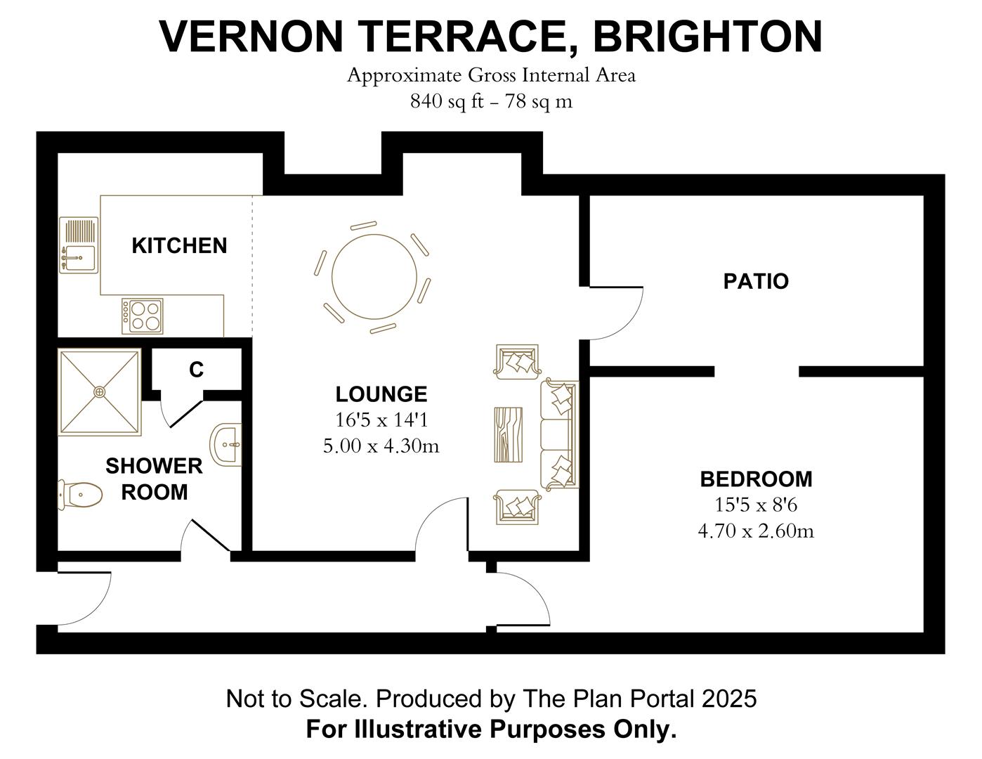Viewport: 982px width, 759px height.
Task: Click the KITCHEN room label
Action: pos(179,246)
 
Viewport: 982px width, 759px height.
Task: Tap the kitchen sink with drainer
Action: pos(79,245)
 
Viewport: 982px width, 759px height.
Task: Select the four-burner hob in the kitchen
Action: pos(143,316)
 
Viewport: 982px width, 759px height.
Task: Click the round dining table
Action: pos(373,278)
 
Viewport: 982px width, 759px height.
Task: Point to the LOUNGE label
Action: pos(381,394)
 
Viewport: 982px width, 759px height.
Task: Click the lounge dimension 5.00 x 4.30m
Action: pos(381,446)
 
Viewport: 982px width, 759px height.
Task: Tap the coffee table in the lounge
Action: pos(508,434)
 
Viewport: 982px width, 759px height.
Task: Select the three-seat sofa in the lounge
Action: pos(559,434)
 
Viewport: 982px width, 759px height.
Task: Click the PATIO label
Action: pos(756,282)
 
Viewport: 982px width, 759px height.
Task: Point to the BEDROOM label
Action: pos(756,479)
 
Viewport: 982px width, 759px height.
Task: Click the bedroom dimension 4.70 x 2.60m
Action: pos(756,531)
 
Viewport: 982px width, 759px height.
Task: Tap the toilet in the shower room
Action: pos(80,495)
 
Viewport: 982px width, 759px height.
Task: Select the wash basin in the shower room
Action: pos(227,445)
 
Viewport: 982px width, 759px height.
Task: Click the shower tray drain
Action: pos(100,391)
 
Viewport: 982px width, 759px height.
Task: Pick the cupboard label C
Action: pos(197,370)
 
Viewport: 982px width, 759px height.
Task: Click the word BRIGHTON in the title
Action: pos(707,37)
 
